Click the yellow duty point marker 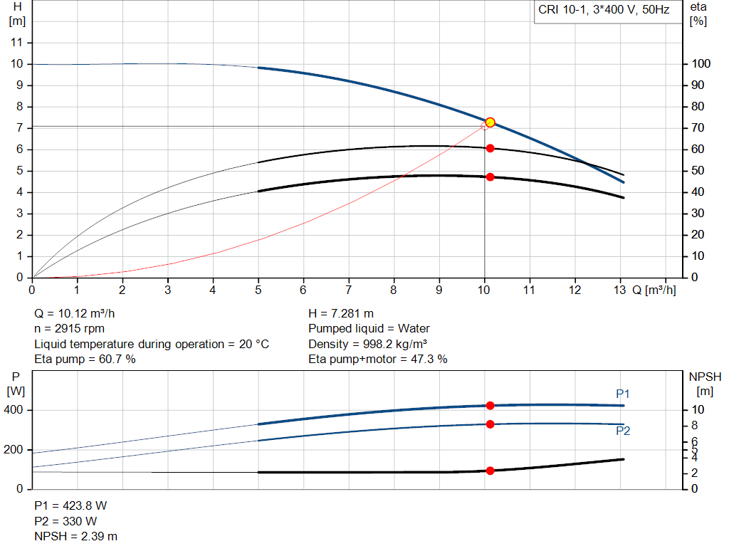coord(490,122)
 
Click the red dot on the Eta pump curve coord(490,148)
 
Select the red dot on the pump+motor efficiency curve coord(490,177)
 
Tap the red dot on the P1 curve coord(490,405)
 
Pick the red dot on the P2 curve coord(490,424)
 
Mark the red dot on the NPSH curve coord(490,471)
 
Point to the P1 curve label coord(623,394)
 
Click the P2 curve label coord(623,431)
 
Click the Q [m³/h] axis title coord(654,290)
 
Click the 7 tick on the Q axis coord(349,290)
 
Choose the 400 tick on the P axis coord(16,410)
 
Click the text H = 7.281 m coord(341,313)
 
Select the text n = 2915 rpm coord(70,329)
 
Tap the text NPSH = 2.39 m coord(76,536)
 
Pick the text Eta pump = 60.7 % coord(85,360)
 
